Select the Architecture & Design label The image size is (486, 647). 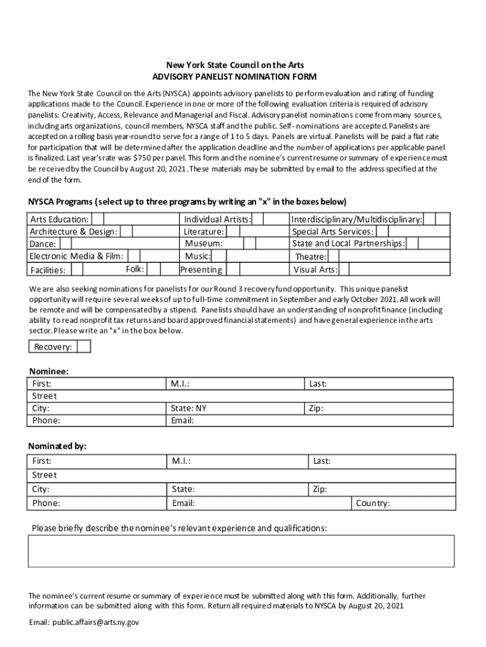[73, 232]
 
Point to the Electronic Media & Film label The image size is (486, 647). [76, 256]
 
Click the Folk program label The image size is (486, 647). [135, 269]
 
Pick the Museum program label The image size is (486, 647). [204, 243]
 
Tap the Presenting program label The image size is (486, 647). [201, 270]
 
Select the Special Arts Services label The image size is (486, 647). [333, 232]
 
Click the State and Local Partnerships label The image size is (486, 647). [348, 243]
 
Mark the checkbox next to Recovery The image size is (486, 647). [83, 346]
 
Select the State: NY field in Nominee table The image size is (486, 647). [189, 408]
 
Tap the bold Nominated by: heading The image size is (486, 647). [57, 446]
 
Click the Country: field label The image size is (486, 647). [373, 504]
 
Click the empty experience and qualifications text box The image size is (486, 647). [241, 551]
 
